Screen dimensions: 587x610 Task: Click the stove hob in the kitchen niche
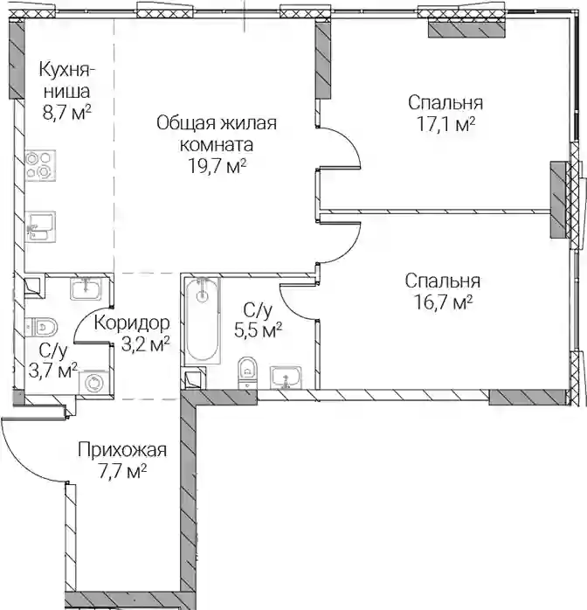tap(40, 165)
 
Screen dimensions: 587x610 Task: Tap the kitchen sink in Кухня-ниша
tap(40, 227)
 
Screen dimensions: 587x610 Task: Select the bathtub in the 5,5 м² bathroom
tap(202, 321)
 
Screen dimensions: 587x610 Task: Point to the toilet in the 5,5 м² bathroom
tap(247, 372)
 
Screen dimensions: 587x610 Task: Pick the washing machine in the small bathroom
tap(93, 384)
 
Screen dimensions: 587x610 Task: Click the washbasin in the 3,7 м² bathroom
tap(86, 288)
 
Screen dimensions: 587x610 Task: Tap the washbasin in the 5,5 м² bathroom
tap(286, 378)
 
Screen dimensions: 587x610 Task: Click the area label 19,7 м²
tap(218, 167)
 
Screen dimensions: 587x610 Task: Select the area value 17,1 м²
tap(445, 124)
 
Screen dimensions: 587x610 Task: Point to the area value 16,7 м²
tap(444, 302)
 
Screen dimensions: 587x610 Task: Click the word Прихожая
tap(122, 450)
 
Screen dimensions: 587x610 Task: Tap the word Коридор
tap(132, 322)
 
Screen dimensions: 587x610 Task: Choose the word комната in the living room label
tap(217, 145)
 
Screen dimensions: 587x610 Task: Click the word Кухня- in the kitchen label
tap(67, 71)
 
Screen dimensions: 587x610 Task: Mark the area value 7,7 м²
tap(122, 472)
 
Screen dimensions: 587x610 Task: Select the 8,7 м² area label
tap(67, 114)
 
